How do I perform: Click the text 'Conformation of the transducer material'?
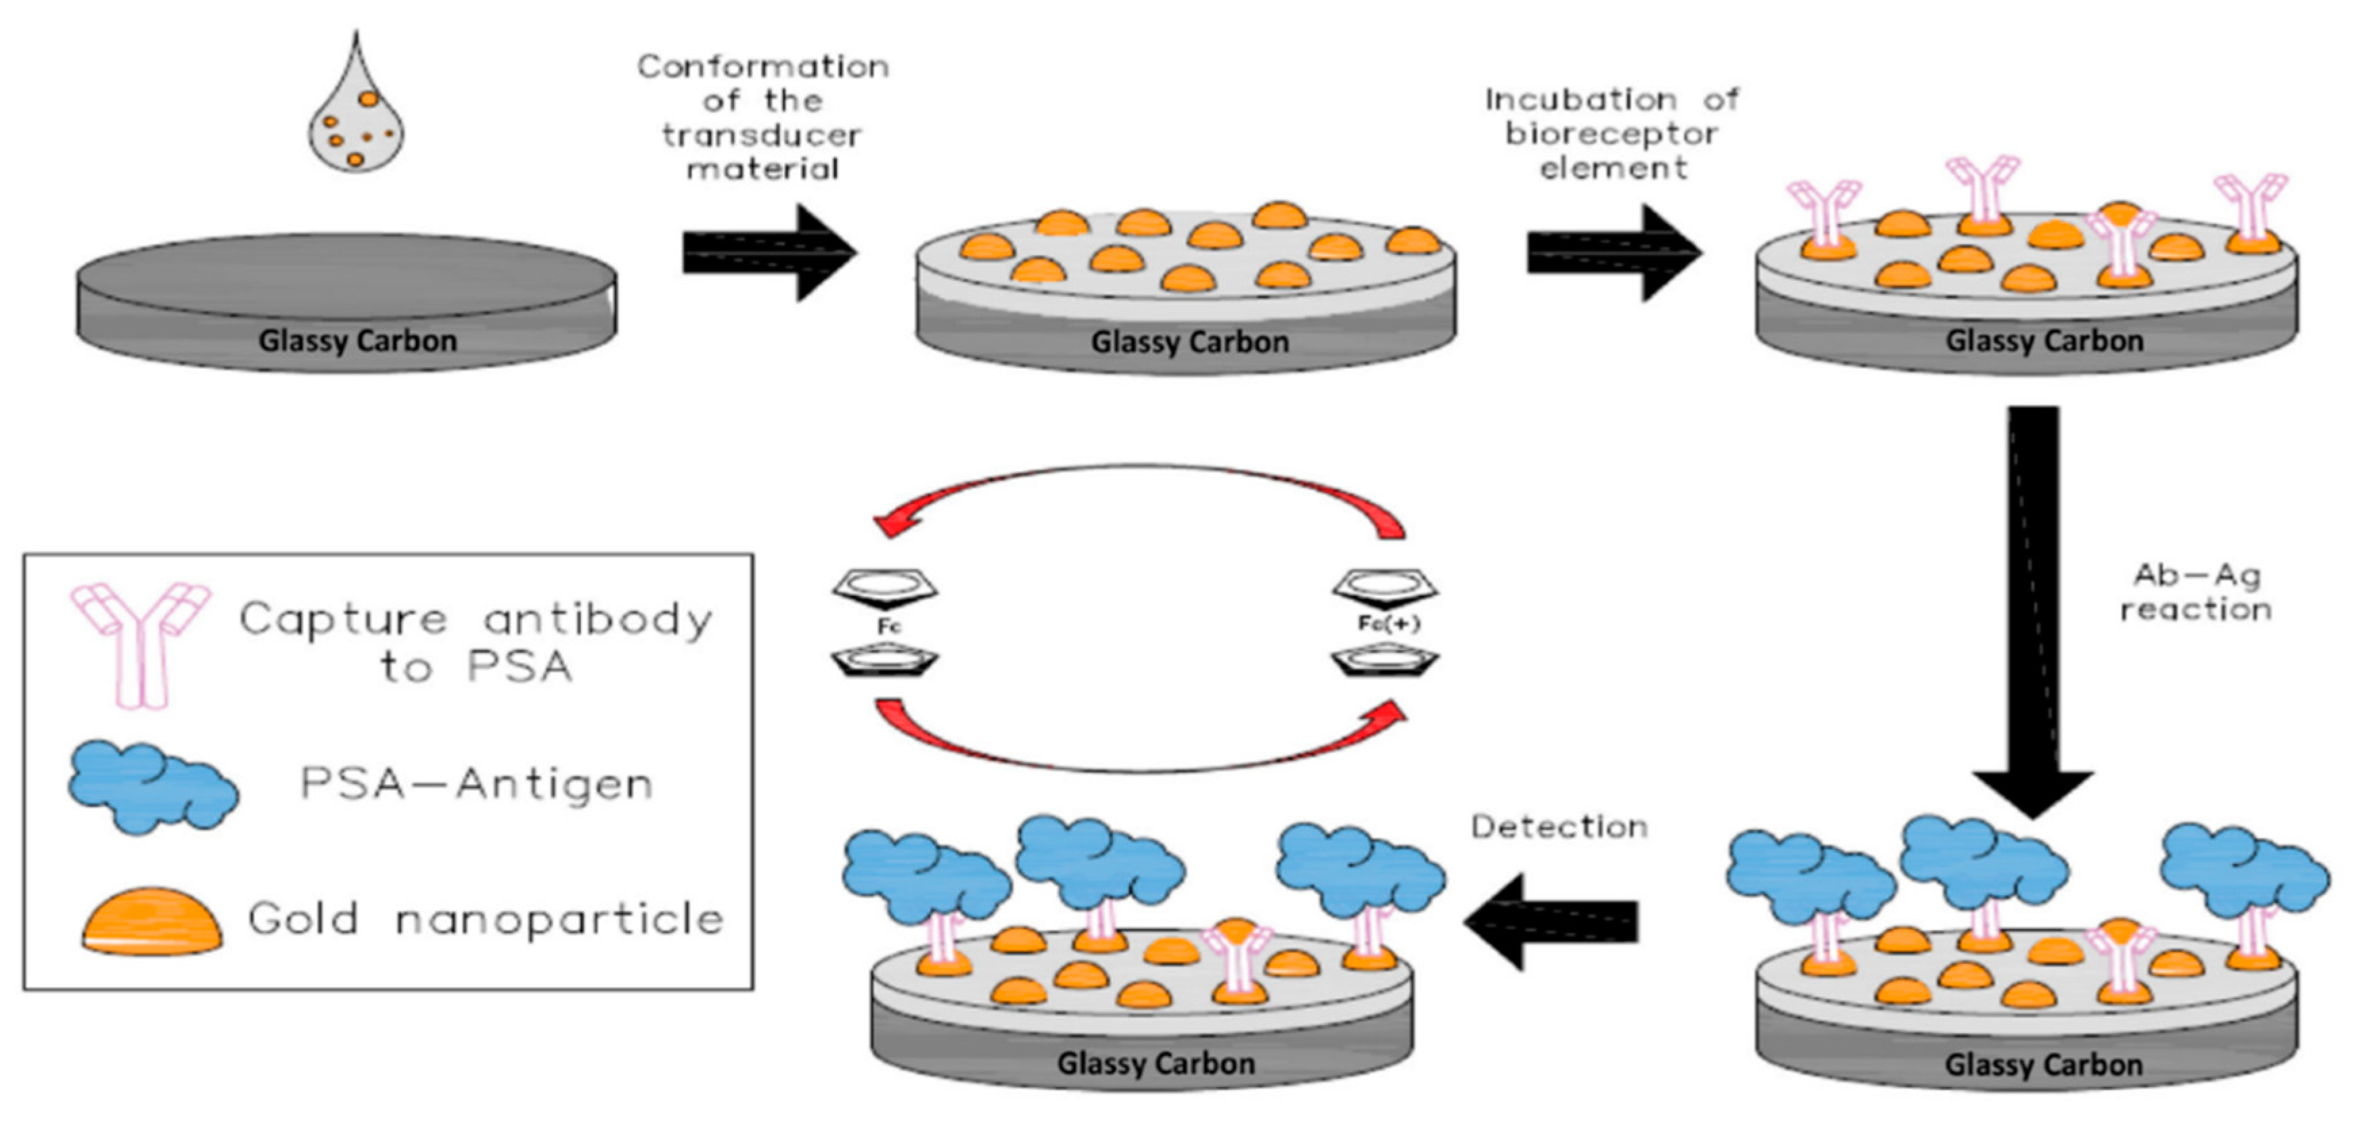click(x=763, y=117)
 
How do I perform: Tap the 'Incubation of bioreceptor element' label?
click(x=1611, y=134)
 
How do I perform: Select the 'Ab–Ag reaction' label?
click(x=2196, y=592)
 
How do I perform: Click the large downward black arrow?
click(x=2033, y=612)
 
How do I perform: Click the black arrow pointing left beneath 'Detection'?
click(x=1551, y=921)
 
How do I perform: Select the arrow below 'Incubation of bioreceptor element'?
click(x=1613, y=253)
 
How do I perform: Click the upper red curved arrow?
click(x=1136, y=469)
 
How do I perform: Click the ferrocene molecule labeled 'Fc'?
click(x=885, y=624)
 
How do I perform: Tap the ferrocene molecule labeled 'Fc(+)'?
click(x=1385, y=624)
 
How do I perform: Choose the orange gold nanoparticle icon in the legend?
click(x=152, y=921)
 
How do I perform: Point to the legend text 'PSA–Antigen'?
click(x=477, y=784)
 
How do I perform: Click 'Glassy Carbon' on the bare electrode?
click(x=357, y=341)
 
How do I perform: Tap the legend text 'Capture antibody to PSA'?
click(x=476, y=642)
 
